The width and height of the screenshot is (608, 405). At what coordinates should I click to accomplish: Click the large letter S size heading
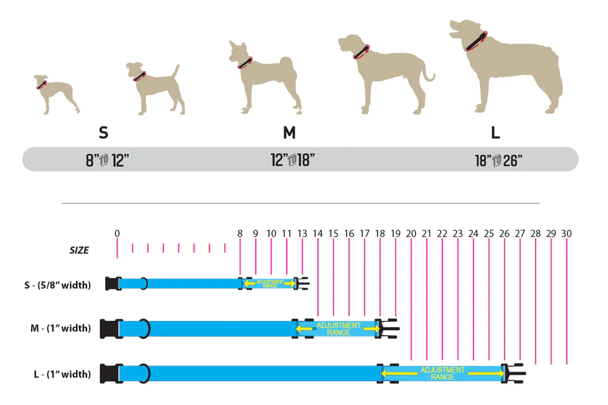pyautogui.click(x=103, y=132)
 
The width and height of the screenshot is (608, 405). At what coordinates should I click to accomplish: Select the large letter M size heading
pyautogui.click(x=289, y=132)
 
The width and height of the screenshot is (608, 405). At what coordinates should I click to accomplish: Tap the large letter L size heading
pyautogui.click(x=495, y=132)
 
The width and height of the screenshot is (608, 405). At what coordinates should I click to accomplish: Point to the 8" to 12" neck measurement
pyautogui.click(x=107, y=160)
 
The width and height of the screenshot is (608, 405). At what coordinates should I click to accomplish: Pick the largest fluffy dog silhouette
pyautogui.click(x=511, y=68)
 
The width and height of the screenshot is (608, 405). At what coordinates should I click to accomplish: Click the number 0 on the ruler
pyautogui.click(x=117, y=234)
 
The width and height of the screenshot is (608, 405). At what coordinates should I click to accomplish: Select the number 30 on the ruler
pyautogui.click(x=566, y=234)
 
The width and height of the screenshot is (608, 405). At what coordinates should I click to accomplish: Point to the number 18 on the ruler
pyautogui.click(x=380, y=234)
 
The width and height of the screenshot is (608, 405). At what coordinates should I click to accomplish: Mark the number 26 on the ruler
pyautogui.click(x=504, y=234)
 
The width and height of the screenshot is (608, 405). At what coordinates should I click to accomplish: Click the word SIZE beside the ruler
pyautogui.click(x=79, y=250)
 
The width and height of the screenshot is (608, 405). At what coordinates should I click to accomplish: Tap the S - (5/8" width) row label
pyautogui.click(x=58, y=285)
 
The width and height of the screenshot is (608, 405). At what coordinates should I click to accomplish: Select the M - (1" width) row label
pyautogui.click(x=61, y=328)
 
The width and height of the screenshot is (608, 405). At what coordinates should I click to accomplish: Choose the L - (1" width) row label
pyautogui.click(x=62, y=374)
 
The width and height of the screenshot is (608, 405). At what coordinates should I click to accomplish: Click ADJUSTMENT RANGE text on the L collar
pyautogui.click(x=442, y=374)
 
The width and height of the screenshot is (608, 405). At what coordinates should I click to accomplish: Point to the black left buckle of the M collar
pyautogui.click(x=109, y=328)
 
